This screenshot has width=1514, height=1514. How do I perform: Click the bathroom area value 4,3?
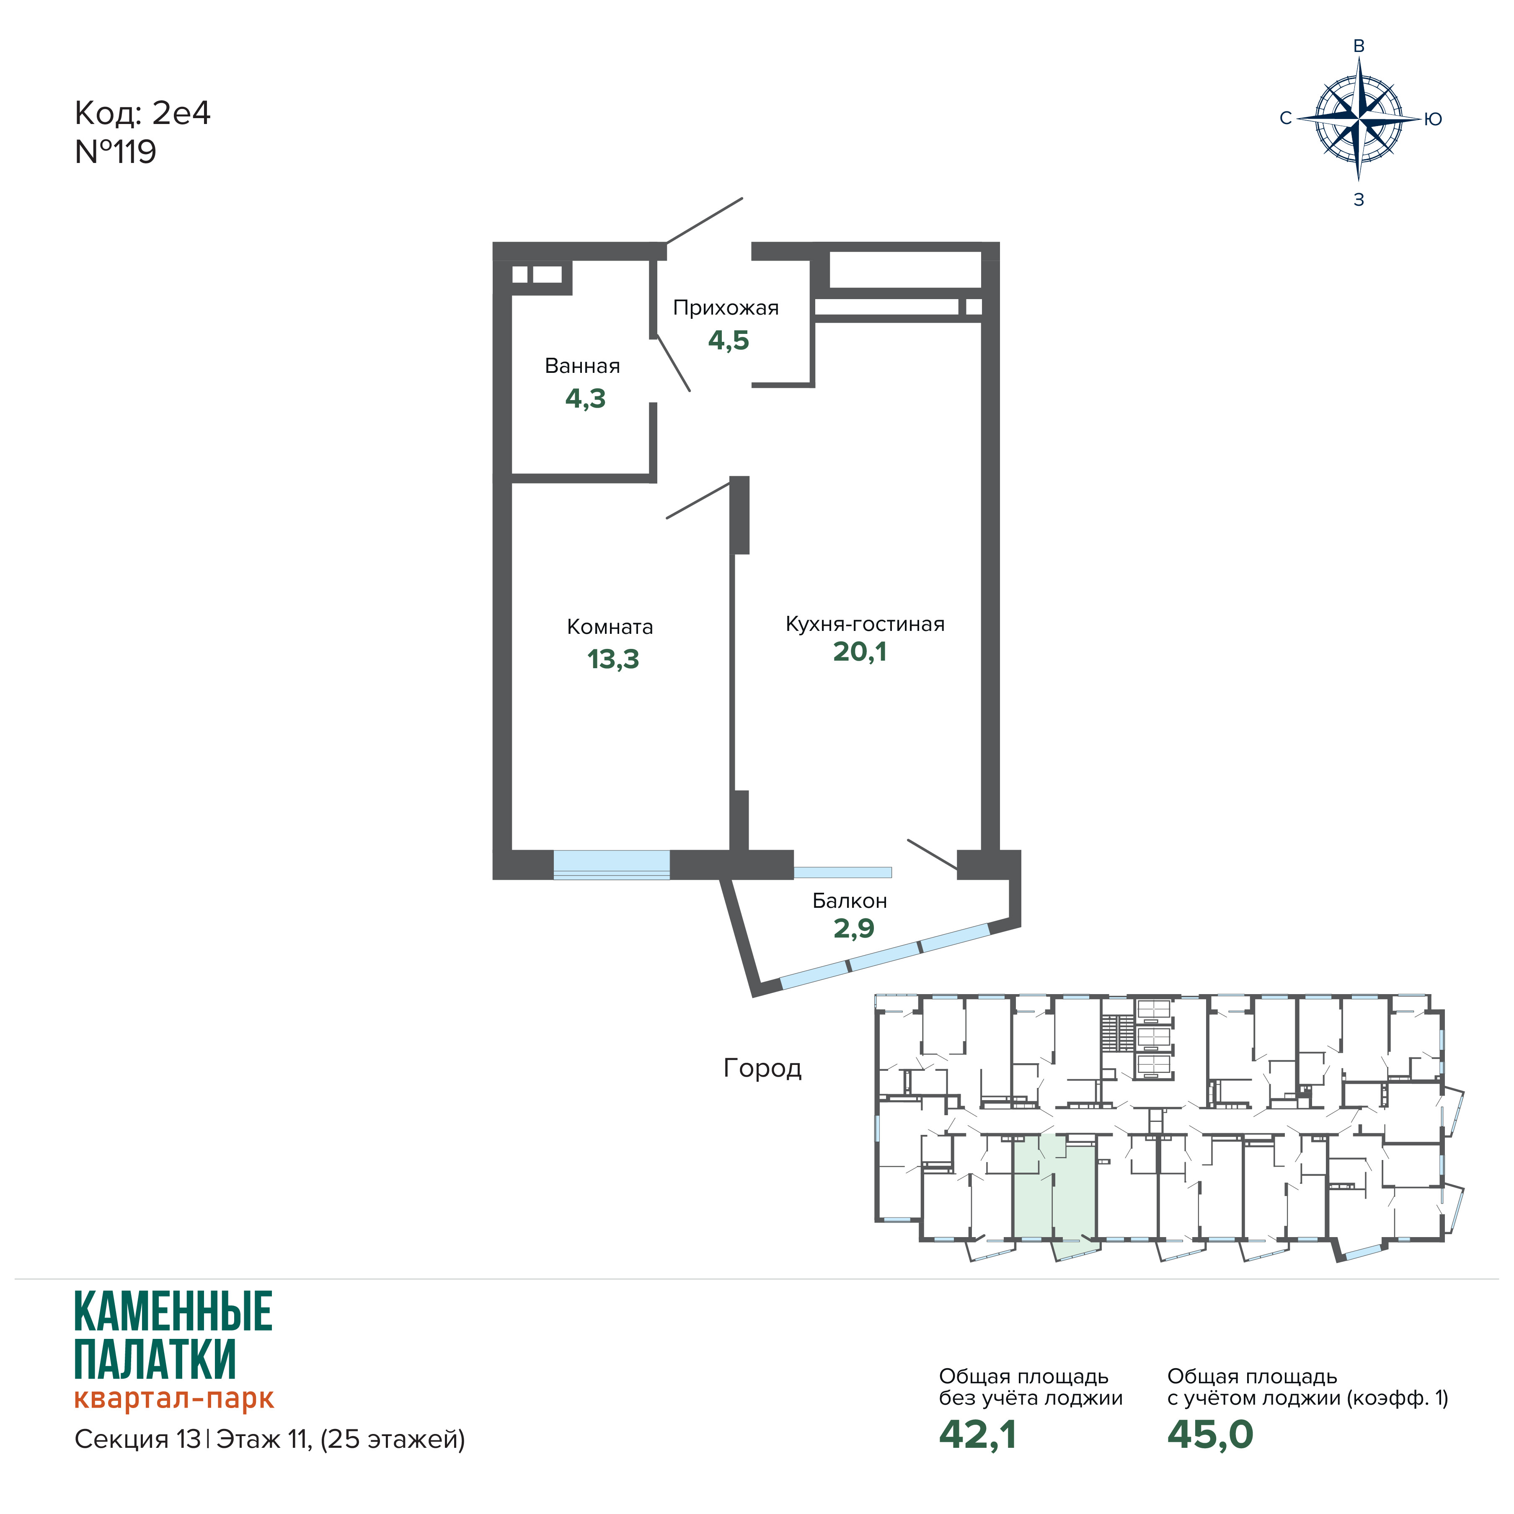click(585, 399)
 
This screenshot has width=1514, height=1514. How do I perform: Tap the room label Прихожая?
click(726, 308)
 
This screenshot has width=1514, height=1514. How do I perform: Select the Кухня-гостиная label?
click(865, 625)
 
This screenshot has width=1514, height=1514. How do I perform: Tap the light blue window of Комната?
click(611, 864)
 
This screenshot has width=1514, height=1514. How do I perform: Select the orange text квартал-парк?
click(174, 1399)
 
